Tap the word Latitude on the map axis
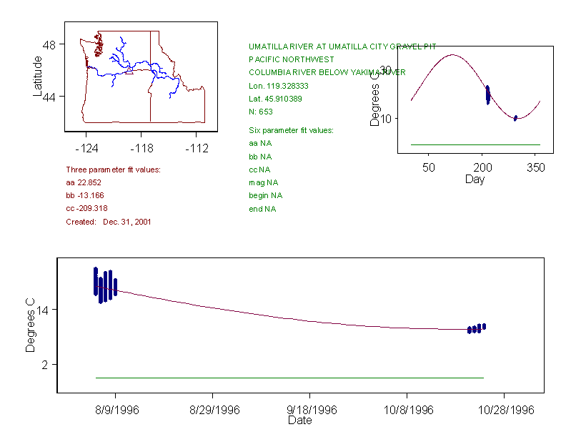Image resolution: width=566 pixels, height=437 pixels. [38, 76]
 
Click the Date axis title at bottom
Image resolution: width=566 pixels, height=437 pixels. [299, 421]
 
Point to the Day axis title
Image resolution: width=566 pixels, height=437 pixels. [475, 179]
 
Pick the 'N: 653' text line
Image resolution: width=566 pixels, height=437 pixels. [261, 112]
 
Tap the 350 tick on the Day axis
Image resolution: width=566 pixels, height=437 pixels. [537, 167]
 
